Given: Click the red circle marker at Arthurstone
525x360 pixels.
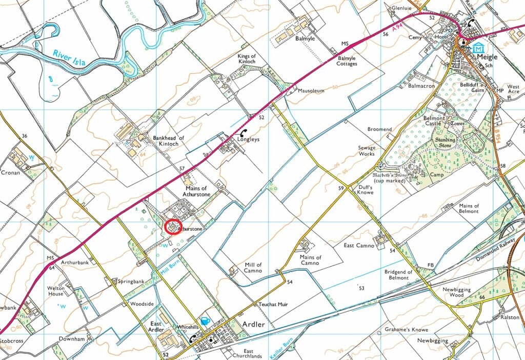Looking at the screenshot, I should coord(173,226).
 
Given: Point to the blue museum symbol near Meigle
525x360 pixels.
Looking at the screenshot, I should coord(478,48).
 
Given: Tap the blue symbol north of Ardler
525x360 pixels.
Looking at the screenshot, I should coord(205,321).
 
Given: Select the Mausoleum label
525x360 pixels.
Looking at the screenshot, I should coord(312,91).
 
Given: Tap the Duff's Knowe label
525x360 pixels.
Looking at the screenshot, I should coord(362,191).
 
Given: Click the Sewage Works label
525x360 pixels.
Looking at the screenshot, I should coord(367,151).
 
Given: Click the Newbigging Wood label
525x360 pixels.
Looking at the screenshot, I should coord(457,292).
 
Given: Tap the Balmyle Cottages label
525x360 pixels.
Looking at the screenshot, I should coord(347,61).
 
